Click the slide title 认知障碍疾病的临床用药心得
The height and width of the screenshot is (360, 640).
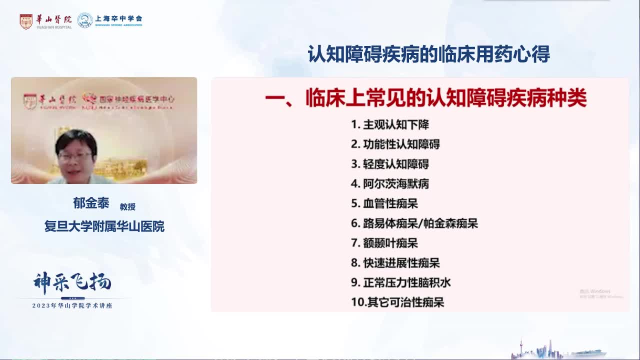click(x=428, y=54)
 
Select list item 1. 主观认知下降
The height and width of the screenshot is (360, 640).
click(x=390, y=124)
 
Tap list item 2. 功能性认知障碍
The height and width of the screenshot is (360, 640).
click(x=395, y=144)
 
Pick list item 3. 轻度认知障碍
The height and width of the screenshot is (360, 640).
click(x=390, y=164)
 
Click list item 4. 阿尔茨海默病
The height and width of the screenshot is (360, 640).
click(x=390, y=184)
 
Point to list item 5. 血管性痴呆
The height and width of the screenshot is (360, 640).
click(x=384, y=203)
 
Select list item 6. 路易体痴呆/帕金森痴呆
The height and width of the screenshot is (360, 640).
click(x=414, y=223)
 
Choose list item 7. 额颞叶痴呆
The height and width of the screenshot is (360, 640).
click(x=384, y=243)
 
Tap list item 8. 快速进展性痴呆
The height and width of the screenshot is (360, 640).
click(x=395, y=263)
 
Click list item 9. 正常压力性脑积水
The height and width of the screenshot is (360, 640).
click(x=400, y=282)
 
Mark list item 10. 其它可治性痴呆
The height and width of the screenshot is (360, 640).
click(x=397, y=302)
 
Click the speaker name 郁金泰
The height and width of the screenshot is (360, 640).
click(x=91, y=203)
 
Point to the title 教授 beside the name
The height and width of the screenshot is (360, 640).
click(x=127, y=206)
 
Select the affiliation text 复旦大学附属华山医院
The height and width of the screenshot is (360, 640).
click(x=104, y=226)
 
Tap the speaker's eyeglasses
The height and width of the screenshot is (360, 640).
click(x=75, y=155)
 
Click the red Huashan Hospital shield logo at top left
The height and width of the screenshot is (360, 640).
click(x=26, y=21)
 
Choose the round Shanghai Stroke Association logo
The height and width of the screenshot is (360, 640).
click(x=85, y=20)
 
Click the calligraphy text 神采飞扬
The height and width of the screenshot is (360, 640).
click(x=72, y=283)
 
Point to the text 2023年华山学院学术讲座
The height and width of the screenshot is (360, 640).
click(x=72, y=305)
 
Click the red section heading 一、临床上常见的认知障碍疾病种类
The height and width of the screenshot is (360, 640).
click(x=425, y=98)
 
